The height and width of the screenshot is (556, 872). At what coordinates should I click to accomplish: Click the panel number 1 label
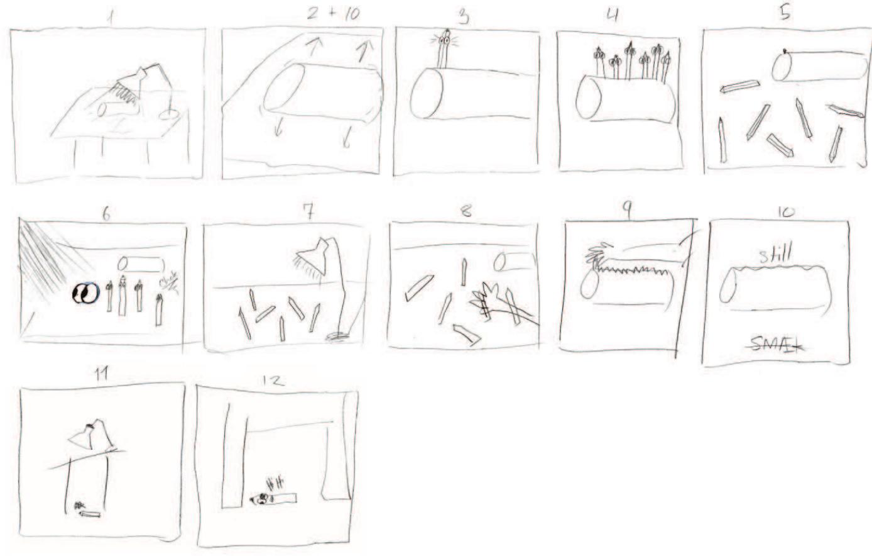[111, 18]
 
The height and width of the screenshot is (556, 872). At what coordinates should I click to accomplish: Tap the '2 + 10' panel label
[333, 14]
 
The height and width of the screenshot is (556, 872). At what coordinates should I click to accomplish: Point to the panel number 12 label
[274, 381]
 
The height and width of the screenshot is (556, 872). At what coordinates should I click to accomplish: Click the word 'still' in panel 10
[775, 255]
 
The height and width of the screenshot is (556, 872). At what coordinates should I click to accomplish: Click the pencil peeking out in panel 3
[445, 47]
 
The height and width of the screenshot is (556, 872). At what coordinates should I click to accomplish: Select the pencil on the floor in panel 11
[90, 514]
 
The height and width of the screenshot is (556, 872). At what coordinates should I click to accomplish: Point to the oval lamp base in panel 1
[168, 114]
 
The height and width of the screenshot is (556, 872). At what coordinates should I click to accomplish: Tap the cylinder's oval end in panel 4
[589, 97]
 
